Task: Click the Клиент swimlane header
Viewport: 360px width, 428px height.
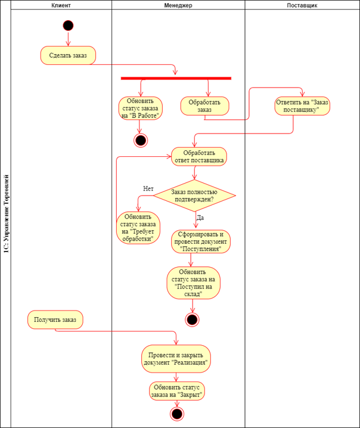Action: pos(61,5)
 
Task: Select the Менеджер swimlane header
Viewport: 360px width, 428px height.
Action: pos(178,5)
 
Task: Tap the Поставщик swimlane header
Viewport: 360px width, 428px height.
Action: pos(302,5)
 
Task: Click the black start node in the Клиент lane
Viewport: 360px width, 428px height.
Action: pos(68,25)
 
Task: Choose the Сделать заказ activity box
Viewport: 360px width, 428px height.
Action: pos(68,55)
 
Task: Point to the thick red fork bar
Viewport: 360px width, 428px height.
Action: pos(176,78)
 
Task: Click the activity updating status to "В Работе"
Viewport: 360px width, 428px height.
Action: pos(141,108)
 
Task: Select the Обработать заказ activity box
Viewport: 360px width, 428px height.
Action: pos(204,106)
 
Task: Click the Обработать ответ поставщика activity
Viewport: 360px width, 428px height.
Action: pos(199,156)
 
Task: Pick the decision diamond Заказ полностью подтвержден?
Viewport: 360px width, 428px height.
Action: pos(194,195)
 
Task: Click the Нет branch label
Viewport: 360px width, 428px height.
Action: pos(148,188)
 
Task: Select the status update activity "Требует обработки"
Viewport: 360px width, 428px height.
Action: pos(138,228)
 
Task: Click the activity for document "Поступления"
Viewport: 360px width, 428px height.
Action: pos(201,241)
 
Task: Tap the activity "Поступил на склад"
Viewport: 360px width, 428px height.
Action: pos(193,283)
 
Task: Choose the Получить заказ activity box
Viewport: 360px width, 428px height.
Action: pos(55,320)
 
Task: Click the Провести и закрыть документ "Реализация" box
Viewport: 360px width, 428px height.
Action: pos(176,357)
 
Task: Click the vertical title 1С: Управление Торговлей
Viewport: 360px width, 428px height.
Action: pos(6,215)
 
